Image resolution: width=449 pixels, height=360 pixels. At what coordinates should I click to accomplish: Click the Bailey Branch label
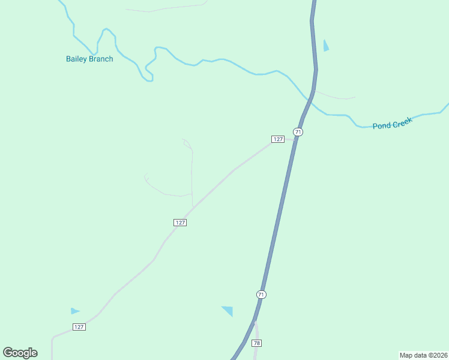click(89, 59)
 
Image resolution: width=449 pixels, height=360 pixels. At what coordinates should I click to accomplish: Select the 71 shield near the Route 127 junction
click(298, 132)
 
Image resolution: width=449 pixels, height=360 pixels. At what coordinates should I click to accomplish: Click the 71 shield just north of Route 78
click(261, 294)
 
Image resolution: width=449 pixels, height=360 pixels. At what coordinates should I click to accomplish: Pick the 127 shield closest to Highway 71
click(277, 139)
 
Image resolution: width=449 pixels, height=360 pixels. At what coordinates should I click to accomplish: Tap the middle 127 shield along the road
click(181, 222)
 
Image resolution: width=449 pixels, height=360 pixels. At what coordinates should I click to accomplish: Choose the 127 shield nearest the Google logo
click(79, 326)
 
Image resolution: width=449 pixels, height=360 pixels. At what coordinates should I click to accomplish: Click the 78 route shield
click(257, 343)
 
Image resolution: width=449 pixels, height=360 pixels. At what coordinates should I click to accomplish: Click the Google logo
click(20, 352)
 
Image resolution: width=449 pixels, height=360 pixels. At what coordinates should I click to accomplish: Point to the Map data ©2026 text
click(424, 355)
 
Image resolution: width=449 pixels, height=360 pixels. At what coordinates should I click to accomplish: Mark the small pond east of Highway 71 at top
click(326, 46)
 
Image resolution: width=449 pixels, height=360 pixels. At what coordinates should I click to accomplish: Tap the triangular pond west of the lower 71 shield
click(228, 310)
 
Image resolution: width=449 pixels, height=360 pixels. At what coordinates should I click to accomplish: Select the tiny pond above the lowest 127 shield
click(74, 311)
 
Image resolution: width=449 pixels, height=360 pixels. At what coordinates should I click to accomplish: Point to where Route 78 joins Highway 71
click(255, 322)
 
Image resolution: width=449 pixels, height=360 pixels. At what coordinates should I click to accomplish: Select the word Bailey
click(76, 59)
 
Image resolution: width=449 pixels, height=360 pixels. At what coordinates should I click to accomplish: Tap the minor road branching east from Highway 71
click(336, 96)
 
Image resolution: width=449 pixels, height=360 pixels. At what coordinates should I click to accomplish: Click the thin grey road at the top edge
click(168, 8)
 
